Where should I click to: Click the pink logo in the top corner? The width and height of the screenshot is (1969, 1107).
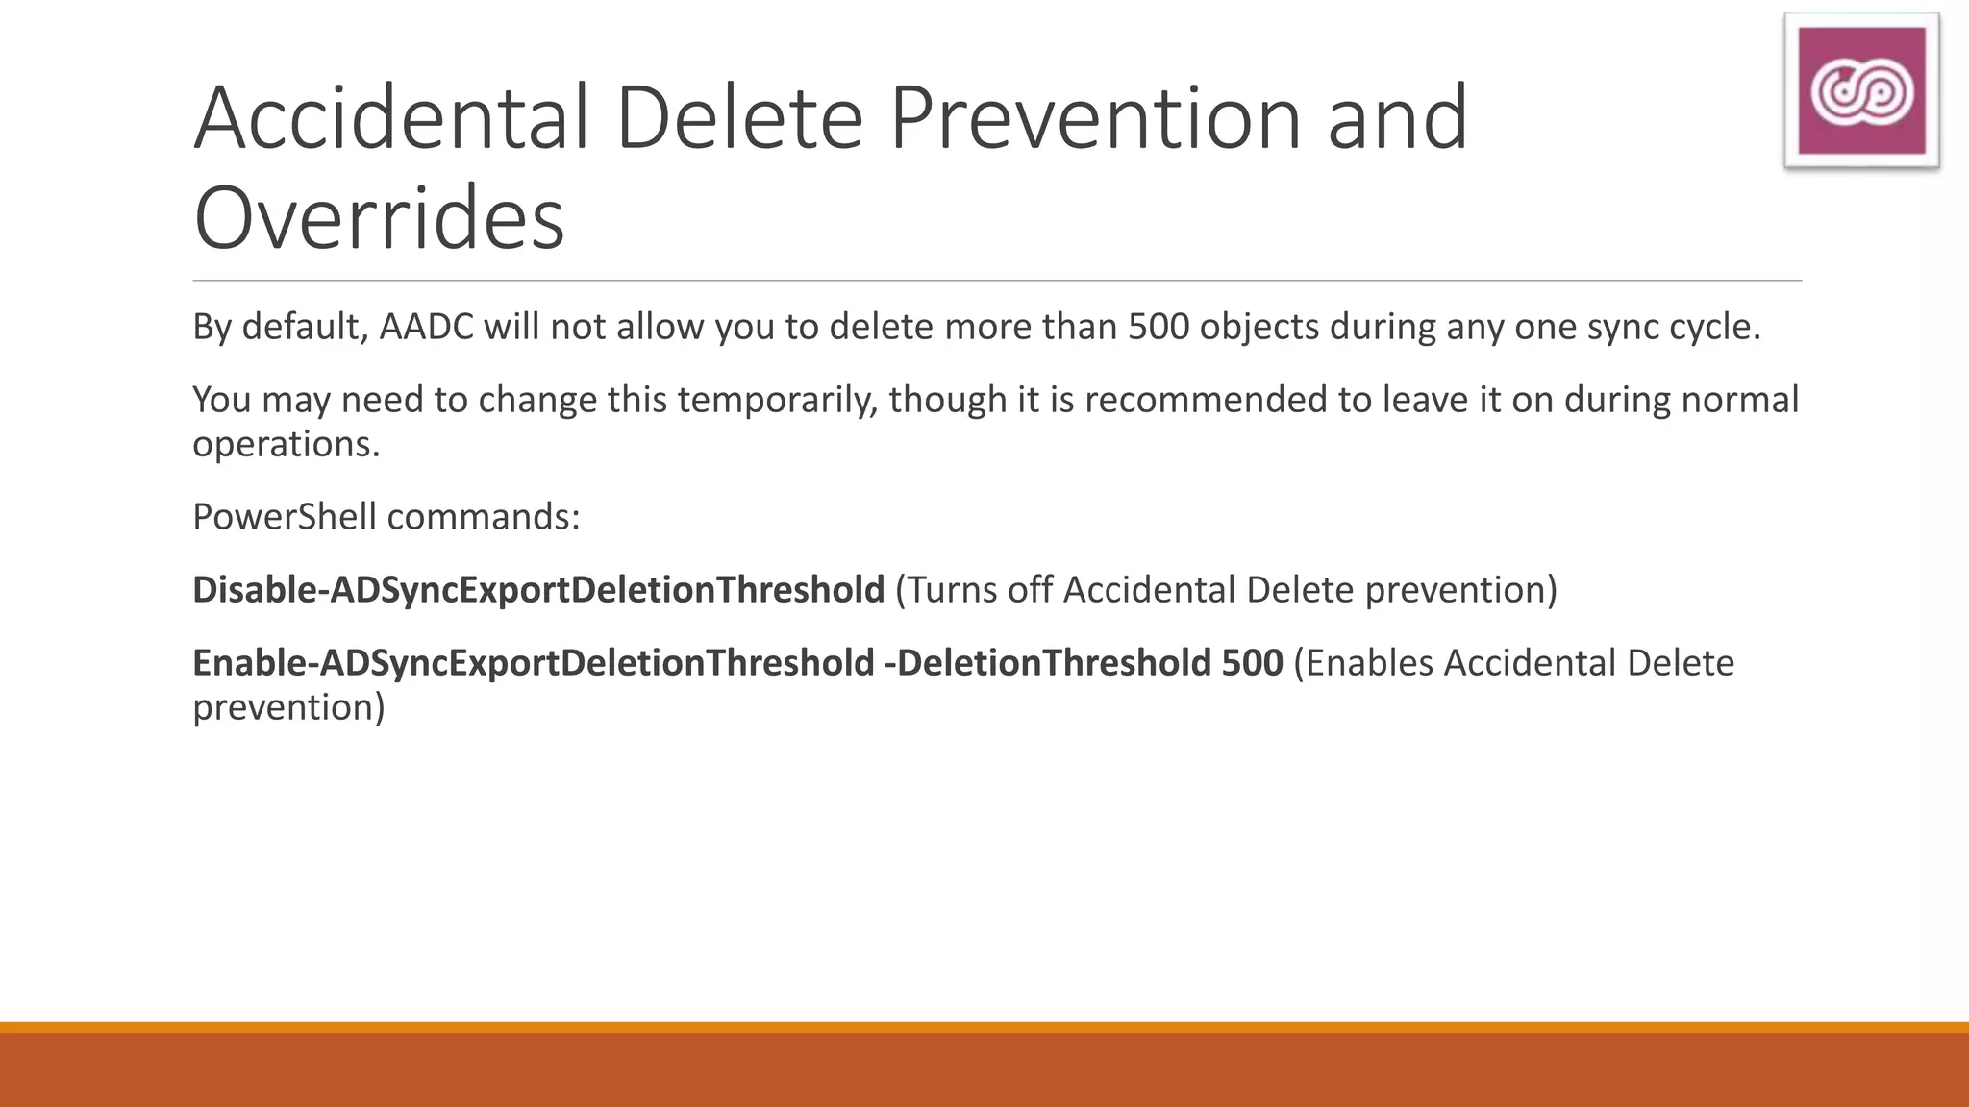click(x=1861, y=91)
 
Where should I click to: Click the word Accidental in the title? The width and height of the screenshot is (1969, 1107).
click(x=391, y=119)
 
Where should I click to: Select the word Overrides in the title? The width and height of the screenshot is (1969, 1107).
click(x=379, y=219)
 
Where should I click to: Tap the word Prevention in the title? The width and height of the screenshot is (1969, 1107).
click(x=1095, y=119)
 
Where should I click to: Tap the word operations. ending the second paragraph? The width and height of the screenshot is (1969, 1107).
click(x=287, y=445)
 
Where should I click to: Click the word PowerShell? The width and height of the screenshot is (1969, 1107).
click(x=285, y=518)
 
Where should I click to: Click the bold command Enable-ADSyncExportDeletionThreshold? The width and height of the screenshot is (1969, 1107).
click(x=534, y=664)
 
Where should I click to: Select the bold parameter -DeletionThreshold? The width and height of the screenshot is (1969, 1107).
click(x=1047, y=664)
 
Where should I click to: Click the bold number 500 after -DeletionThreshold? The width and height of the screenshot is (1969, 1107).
click(x=1252, y=664)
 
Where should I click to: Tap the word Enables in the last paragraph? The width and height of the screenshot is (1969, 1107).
click(x=1369, y=664)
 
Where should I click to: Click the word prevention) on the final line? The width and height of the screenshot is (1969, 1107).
click(x=288, y=708)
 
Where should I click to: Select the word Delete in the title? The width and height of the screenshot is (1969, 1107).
click(x=738, y=119)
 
